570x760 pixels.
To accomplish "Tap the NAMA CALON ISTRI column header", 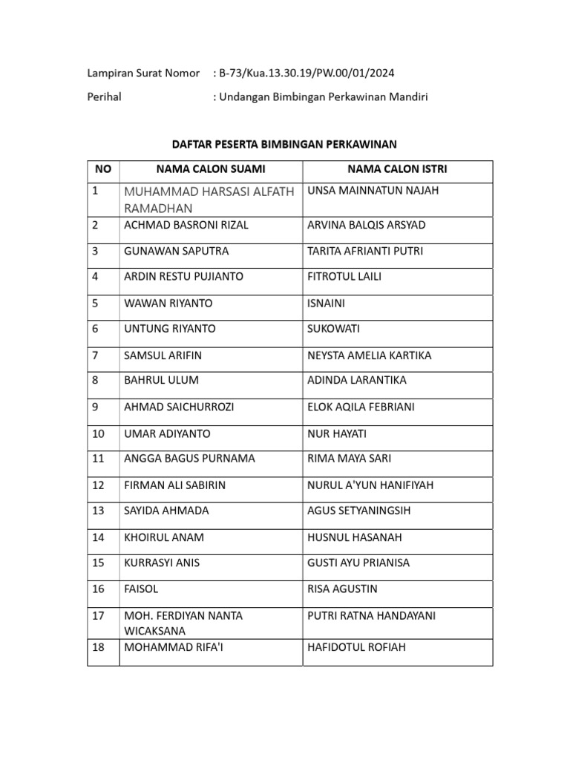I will [x=397, y=169].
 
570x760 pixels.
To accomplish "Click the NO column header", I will [x=103, y=169].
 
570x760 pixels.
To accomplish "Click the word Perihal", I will [x=105, y=96].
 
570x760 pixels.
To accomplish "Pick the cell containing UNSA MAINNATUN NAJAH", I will [x=373, y=191].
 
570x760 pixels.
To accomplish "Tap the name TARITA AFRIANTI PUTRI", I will [x=365, y=251].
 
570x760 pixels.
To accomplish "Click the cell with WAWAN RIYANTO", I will [x=168, y=303].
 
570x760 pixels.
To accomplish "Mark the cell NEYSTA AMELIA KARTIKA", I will [x=368, y=356].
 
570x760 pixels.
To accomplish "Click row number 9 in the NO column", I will [x=96, y=407].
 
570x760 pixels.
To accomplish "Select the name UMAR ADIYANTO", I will [x=168, y=433].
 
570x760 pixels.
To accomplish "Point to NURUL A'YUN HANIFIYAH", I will [x=370, y=485].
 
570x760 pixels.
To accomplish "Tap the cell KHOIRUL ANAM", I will [x=164, y=537].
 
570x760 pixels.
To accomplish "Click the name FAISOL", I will [x=142, y=589].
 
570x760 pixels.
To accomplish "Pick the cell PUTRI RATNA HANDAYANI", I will [x=371, y=616].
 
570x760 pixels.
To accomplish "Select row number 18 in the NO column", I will [x=99, y=647].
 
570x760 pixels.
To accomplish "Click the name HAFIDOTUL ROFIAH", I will [x=356, y=647].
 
